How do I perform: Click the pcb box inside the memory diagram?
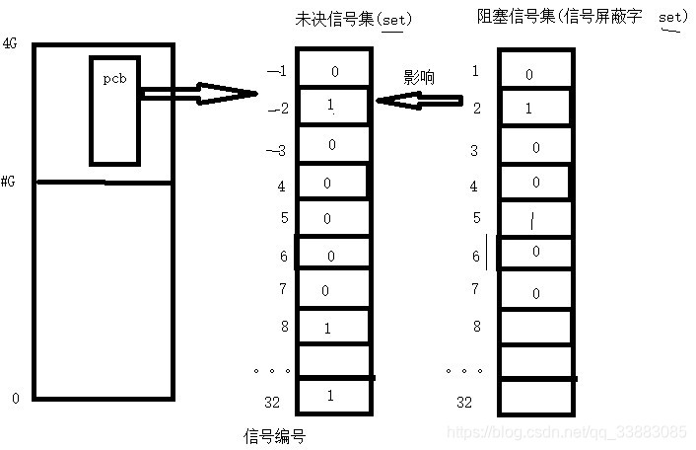tap(114, 109)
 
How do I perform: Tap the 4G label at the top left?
tap(11, 44)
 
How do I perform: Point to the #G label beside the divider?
tap(9, 182)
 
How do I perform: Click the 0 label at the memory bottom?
tap(15, 399)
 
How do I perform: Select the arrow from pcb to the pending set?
tap(197, 94)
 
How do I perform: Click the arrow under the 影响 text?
tap(419, 100)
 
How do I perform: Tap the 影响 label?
tap(418, 76)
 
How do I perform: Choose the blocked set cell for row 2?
tap(533, 108)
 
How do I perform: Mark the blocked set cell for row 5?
tap(533, 219)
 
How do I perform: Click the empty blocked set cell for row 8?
tap(533, 326)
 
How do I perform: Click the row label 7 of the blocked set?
tap(474, 289)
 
